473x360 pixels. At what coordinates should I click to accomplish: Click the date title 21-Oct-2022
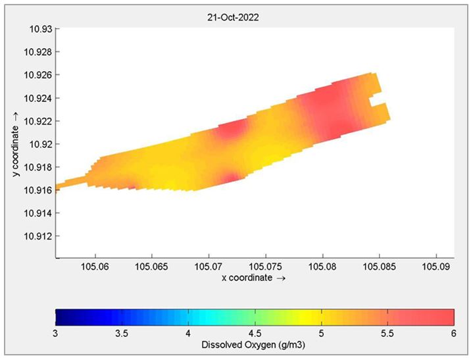[x=233, y=18]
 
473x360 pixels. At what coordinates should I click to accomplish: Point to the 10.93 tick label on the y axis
[x=41, y=29]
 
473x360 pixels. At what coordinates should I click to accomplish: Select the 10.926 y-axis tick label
[x=38, y=75]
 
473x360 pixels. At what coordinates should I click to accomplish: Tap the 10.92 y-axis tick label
[x=41, y=144]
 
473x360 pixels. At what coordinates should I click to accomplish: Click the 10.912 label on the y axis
[x=38, y=236]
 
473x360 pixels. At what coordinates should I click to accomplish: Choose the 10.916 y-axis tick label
[x=38, y=190]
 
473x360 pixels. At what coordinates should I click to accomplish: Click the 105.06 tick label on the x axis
[x=95, y=267]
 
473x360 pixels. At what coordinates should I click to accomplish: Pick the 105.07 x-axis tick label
[x=209, y=267]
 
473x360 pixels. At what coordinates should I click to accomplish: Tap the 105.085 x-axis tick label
[x=379, y=267]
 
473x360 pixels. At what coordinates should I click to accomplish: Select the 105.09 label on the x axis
[x=436, y=267]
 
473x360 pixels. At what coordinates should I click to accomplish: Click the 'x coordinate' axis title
[x=247, y=278]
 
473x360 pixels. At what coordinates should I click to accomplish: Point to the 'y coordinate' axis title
[x=15, y=151]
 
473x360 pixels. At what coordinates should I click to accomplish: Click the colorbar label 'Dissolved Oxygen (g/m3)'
[x=253, y=345]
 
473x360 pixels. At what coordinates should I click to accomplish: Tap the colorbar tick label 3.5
[x=122, y=334]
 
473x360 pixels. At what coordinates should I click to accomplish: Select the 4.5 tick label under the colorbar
[x=255, y=334]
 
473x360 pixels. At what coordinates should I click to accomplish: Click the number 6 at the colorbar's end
[x=454, y=334]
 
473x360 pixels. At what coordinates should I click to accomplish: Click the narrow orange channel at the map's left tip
[x=71, y=182]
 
